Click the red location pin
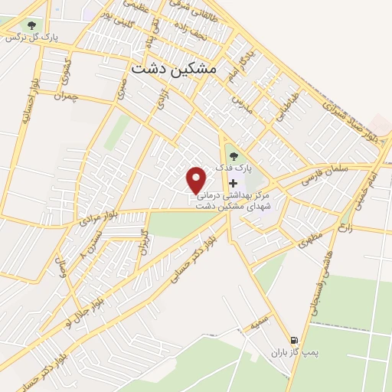(x=197, y=180)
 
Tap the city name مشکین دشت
(x=174, y=68)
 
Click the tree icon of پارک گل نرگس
(x=31, y=25)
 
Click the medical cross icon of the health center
(x=233, y=184)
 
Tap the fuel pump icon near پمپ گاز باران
(x=293, y=339)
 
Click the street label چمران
(x=67, y=96)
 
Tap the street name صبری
(x=122, y=89)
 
